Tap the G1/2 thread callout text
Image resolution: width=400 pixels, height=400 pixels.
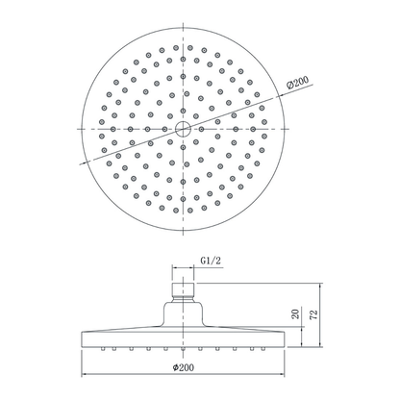tap(212, 259)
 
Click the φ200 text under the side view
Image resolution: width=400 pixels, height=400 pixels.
tap(186, 367)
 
